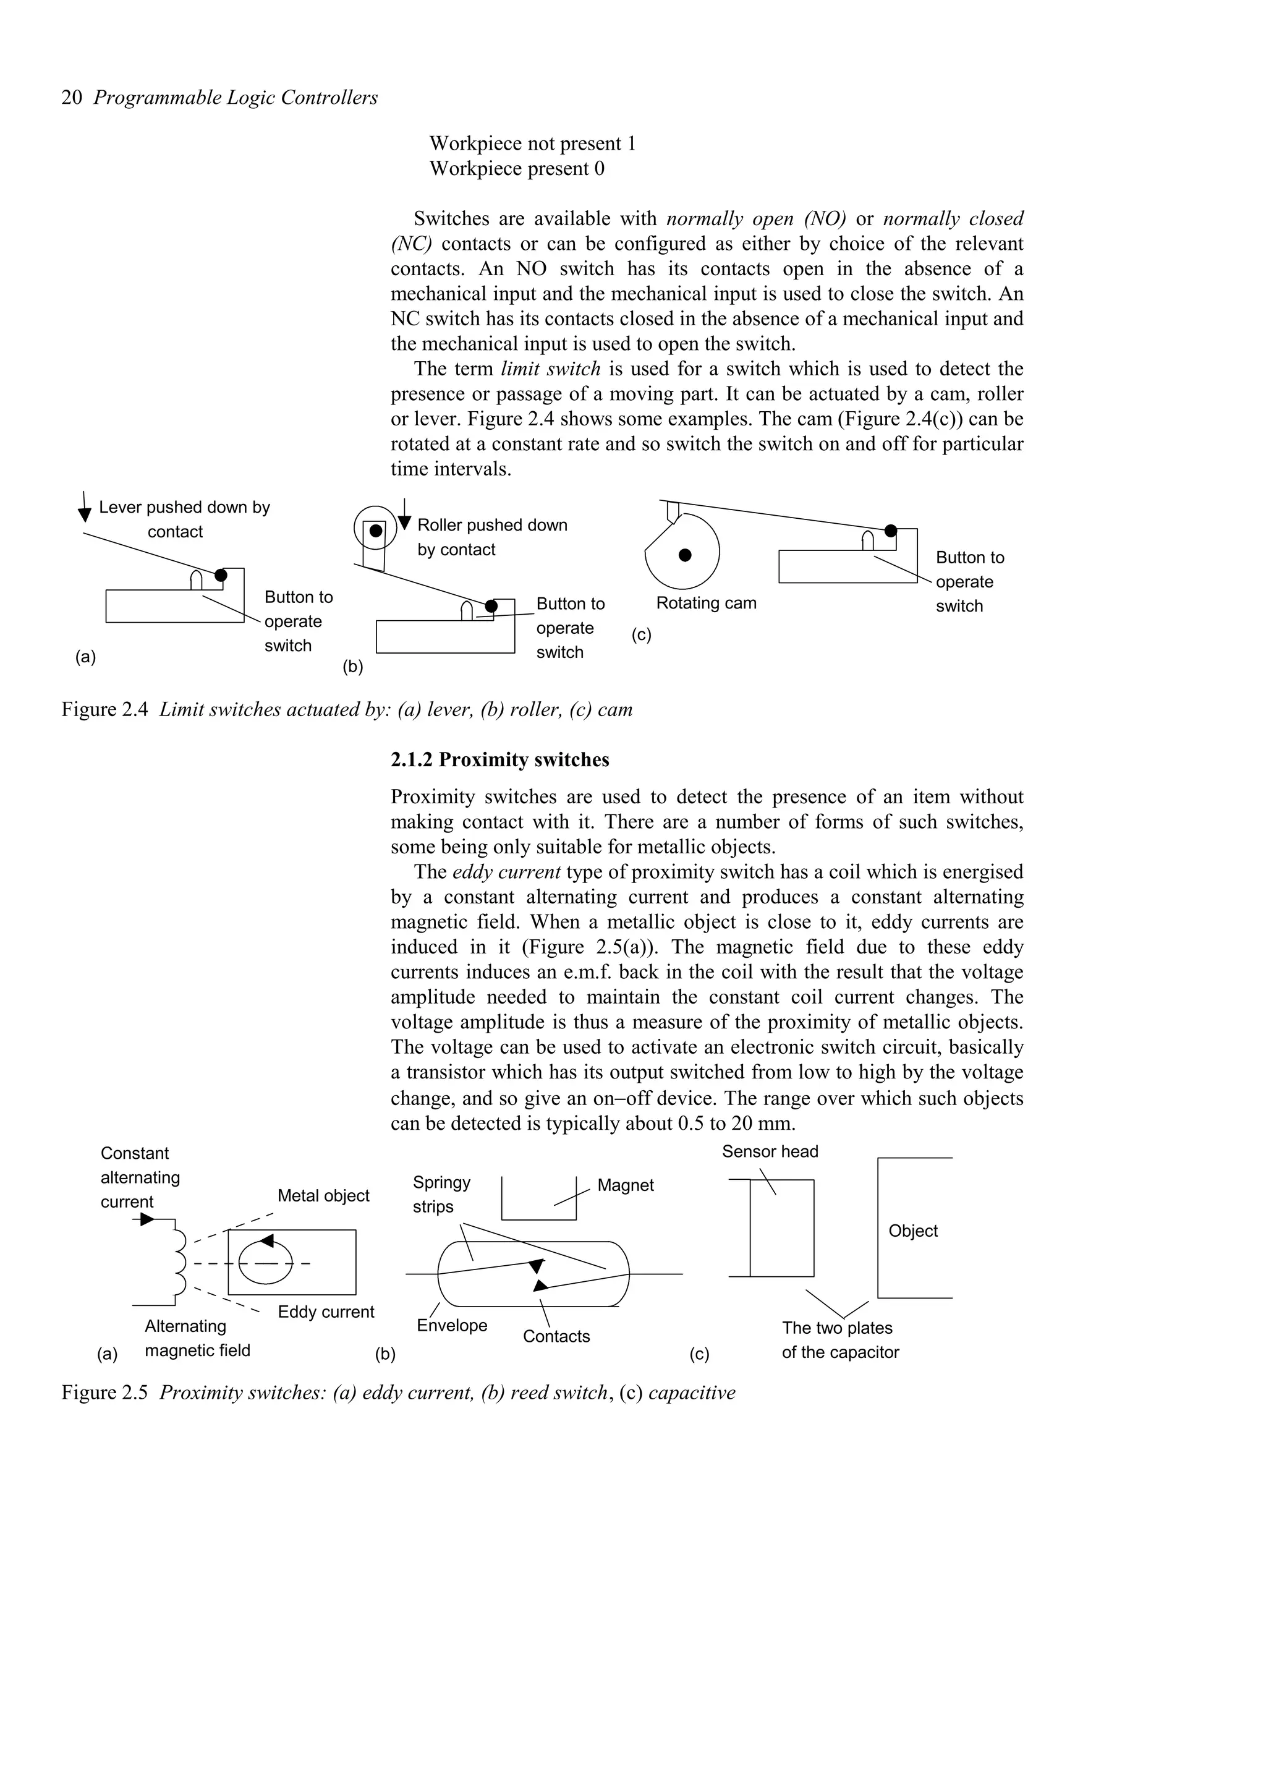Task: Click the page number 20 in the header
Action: click(x=71, y=98)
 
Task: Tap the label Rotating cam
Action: click(x=706, y=604)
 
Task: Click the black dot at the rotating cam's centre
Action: click(x=685, y=555)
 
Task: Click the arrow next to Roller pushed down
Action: click(x=404, y=515)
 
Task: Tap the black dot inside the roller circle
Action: click(x=376, y=531)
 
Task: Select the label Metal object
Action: click(x=323, y=1196)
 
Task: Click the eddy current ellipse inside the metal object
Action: click(x=265, y=1262)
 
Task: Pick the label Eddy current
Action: click(x=326, y=1312)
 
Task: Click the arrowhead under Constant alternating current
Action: click(x=147, y=1219)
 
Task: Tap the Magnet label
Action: click(x=625, y=1185)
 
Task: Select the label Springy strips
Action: click(x=441, y=1194)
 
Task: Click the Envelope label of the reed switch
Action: click(x=452, y=1325)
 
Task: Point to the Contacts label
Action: click(x=556, y=1336)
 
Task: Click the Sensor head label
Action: click(x=770, y=1151)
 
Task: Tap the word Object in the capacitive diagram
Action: click(x=912, y=1231)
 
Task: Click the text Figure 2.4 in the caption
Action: click(x=104, y=709)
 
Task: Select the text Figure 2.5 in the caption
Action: click(x=104, y=1393)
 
